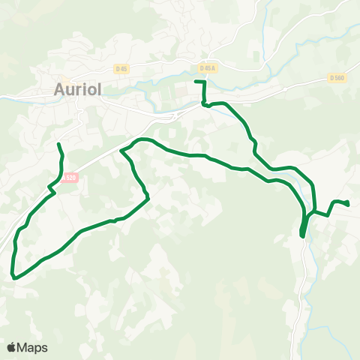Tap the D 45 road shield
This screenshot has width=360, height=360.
[x=121, y=68]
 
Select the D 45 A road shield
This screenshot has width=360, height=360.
[x=208, y=67]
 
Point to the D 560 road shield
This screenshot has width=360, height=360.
[x=335, y=77]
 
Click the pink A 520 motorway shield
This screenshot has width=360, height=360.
[x=69, y=178]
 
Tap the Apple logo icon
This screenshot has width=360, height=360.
[x=12, y=347]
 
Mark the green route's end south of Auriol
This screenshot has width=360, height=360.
[x=58, y=142]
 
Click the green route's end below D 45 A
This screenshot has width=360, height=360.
[x=196, y=81]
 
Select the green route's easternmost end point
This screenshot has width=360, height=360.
[x=348, y=203]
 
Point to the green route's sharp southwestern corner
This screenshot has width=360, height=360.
[x=13, y=277]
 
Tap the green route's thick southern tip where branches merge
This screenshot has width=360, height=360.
[x=302, y=234]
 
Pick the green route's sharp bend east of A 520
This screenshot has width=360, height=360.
[x=122, y=151]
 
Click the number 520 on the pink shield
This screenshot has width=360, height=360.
[x=71, y=178]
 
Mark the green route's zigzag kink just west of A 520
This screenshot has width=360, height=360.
[x=51, y=187]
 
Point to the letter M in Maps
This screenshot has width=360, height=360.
[x=24, y=347]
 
